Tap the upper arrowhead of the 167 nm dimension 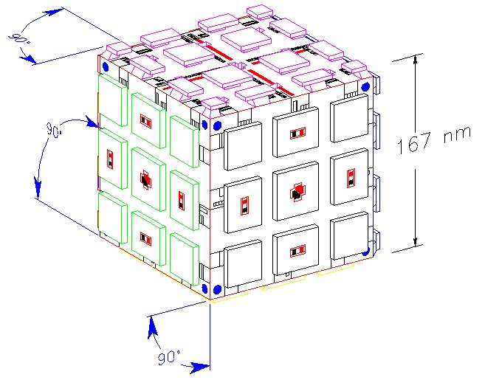coord(418,58)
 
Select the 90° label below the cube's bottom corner coord(169,358)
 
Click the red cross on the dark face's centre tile coord(296,193)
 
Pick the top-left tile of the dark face coord(242,147)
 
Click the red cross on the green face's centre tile coord(145,179)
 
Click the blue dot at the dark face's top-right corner coord(365,86)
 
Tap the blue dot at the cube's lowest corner coord(217,289)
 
